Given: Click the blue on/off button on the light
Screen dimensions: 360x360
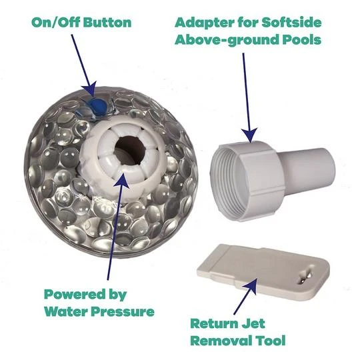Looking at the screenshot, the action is coord(97,106).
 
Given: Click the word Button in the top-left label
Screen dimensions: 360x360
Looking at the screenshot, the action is coord(107,23).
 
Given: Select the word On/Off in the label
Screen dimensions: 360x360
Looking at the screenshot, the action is coord(56,23).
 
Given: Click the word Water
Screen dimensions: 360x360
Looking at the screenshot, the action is coord(65,311).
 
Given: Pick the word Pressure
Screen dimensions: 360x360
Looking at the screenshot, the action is coord(123,312).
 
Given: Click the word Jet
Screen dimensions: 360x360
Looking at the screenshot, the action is coord(253,323).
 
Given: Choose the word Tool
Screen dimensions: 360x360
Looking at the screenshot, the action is coord(269,341).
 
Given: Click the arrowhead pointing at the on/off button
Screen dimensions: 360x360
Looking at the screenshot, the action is coord(89,89).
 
